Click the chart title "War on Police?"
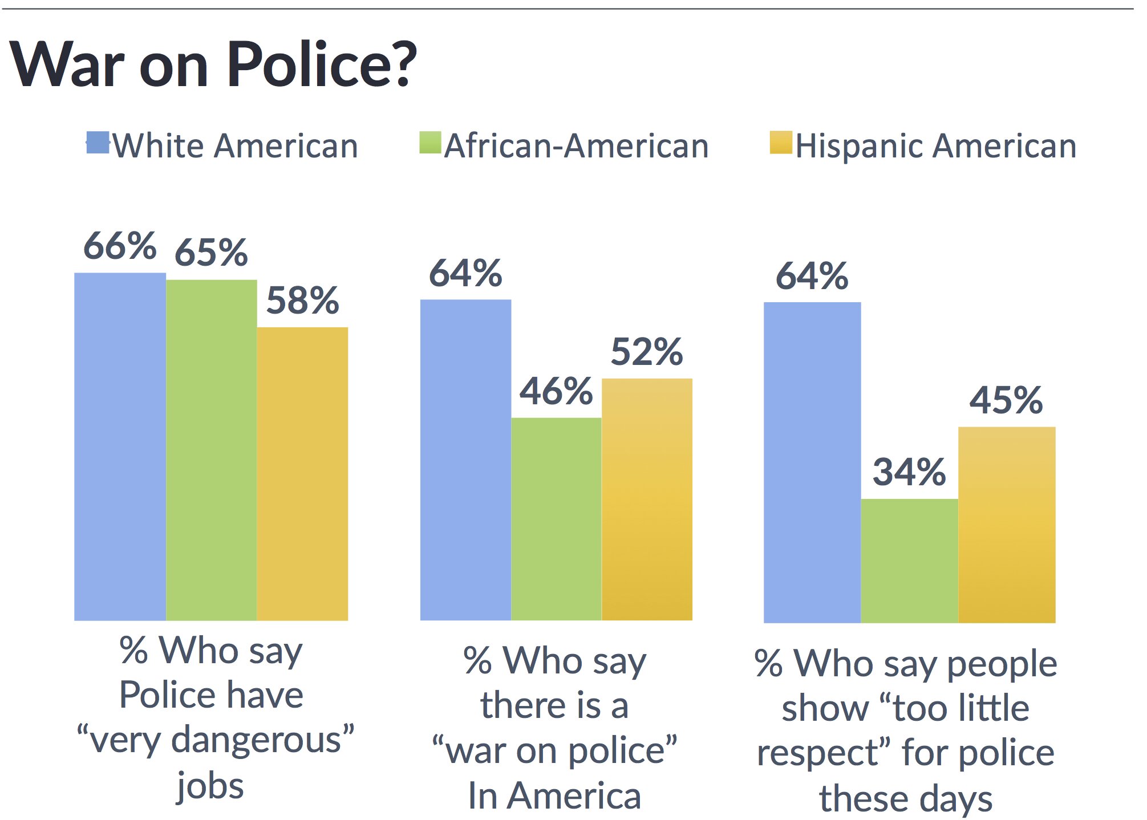(x=213, y=64)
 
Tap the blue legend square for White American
(x=98, y=142)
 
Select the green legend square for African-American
(x=430, y=143)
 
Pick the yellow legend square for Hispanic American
(x=781, y=143)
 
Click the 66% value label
(x=120, y=246)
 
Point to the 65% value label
(x=211, y=252)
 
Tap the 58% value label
(x=302, y=301)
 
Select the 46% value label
(x=556, y=391)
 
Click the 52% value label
(x=647, y=351)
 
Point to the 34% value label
(x=909, y=472)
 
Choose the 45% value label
(x=1006, y=400)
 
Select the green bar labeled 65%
(x=211, y=450)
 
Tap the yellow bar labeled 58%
(x=302, y=473)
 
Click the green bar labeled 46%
(x=556, y=519)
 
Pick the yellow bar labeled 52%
(x=647, y=499)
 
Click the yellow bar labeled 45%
(x=1007, y=525)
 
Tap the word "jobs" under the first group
(x=210, y=786)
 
